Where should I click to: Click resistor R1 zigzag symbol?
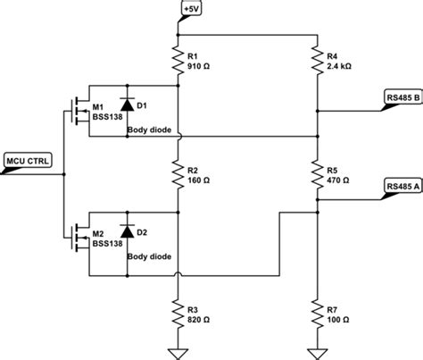click(x=178, y=61)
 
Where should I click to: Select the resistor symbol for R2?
click(x=178, y=173)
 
